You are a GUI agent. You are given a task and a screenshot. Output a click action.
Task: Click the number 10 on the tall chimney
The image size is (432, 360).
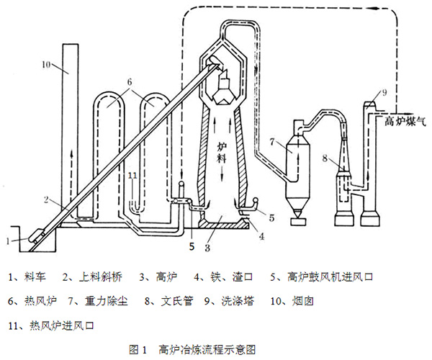pos(45,66)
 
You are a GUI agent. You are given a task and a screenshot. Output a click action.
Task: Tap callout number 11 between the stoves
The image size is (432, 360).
pos(130,174)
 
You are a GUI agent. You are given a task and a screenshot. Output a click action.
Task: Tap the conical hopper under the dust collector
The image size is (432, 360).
pos(297,211)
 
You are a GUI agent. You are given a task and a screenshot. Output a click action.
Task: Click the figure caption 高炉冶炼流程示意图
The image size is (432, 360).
pos(204,350)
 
